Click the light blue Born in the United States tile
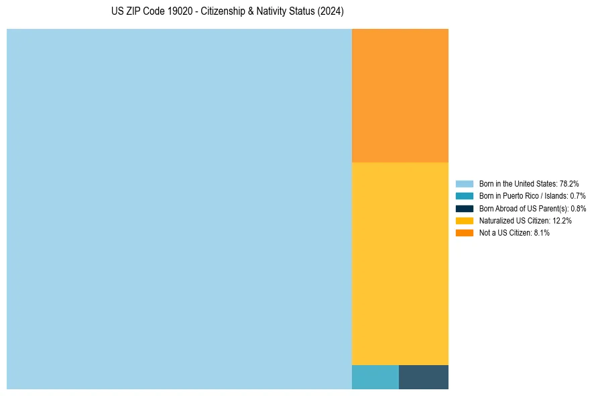179,209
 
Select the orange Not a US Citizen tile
400,95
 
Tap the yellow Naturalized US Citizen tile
400,264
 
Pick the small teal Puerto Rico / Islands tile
375,377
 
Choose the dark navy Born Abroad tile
424,377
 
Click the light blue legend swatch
465,184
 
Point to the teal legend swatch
465,196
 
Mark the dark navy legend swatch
465,208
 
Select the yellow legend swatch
465,220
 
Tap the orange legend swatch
465,232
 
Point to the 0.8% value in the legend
578,208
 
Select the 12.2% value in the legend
562,220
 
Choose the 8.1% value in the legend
542,232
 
